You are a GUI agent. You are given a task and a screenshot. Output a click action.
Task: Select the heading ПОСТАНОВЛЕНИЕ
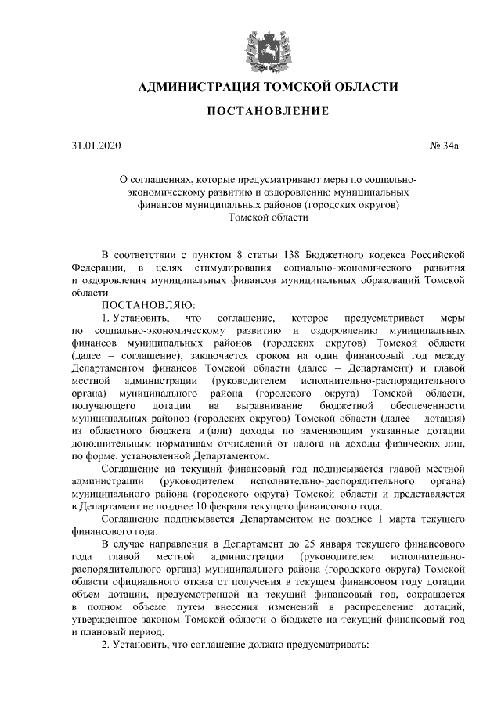[x=268, y=113]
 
